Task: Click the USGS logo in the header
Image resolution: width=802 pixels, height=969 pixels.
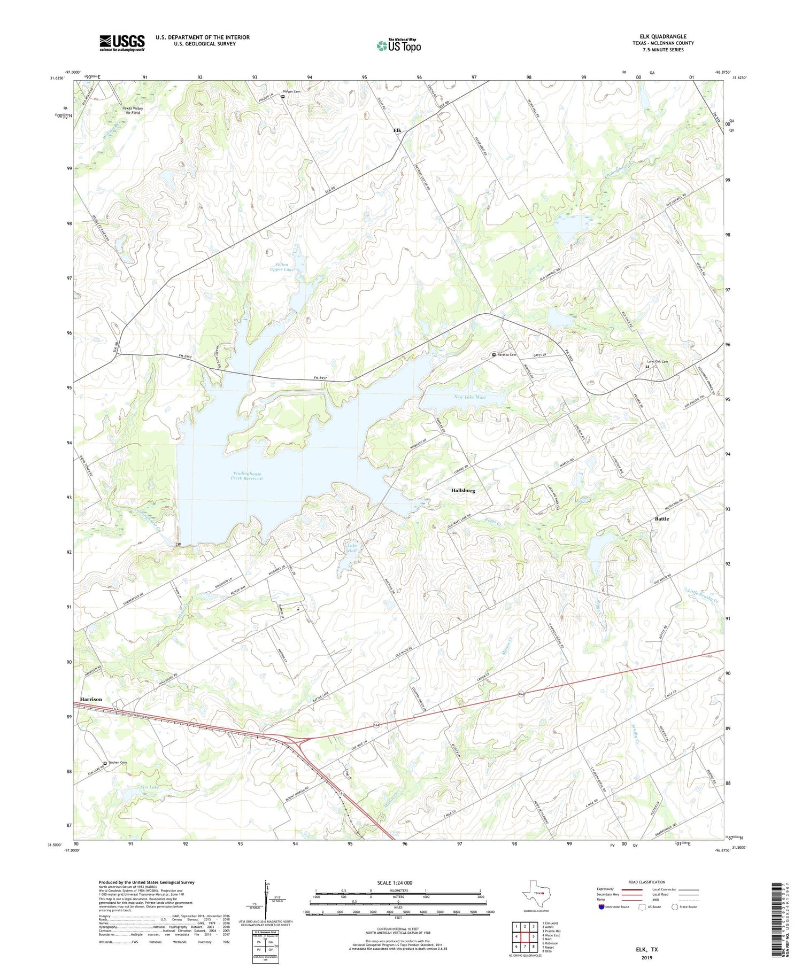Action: tap(122, 43)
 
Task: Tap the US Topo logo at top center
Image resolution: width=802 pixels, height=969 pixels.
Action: tap(399, 45)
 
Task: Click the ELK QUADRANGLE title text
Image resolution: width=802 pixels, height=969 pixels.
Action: tap(662, 37)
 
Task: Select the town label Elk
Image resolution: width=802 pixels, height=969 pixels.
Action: tap(397, 130)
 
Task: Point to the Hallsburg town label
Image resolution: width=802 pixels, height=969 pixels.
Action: tap(462, 490)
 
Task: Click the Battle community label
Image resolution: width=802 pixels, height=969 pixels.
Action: tap(662, 518)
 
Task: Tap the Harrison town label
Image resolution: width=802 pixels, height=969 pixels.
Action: tap(91, 699)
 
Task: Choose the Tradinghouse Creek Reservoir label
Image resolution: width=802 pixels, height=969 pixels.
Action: tap(247, 476)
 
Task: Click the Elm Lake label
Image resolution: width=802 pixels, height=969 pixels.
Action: tap(150, 787)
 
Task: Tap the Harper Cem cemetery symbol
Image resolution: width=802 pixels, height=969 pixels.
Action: tap(283, 97)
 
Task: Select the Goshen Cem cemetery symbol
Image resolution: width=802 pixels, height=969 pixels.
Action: tap(105, 763)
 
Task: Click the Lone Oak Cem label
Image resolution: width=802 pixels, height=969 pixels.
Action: tap(658, 362)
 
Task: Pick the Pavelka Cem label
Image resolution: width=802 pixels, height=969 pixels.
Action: tap(507, 355)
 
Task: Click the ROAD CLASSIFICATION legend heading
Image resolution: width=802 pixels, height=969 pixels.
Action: tap(647, 882)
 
